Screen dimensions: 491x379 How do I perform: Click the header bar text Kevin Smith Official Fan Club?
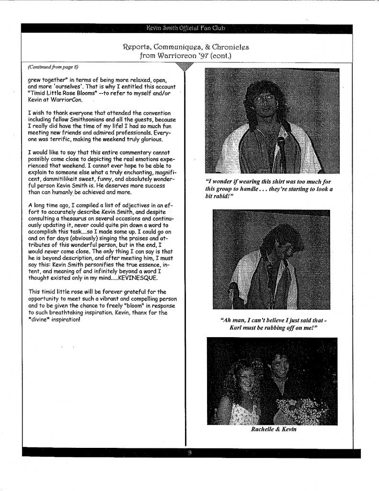pos(190,28)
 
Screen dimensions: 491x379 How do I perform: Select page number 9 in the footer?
pos(190,453)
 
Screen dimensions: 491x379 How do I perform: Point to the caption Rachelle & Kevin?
pos(274,429)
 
